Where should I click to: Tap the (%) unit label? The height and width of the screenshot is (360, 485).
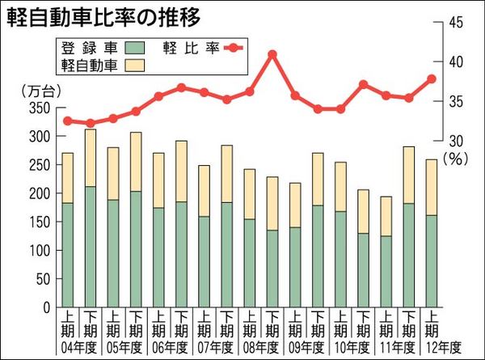tap(457, 160)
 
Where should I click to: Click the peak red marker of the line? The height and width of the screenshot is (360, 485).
tap(272, 54)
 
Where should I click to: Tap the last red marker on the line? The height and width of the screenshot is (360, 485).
tap(432, 78)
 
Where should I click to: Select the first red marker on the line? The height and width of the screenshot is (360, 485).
tap(67, 121)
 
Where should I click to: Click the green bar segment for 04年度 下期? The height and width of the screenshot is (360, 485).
tap(90, 247)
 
